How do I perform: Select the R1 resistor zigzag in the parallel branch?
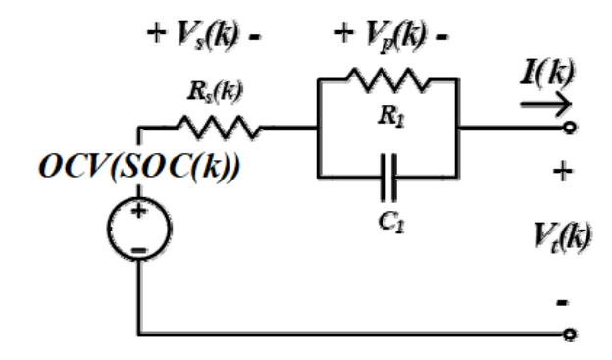click(x=388, y=80)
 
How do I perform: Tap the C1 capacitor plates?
click(x=388, y=178)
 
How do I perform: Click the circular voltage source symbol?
click(x=139, y=229)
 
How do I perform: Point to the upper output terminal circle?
click(x=570, y=128)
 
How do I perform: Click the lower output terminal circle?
click(x=570, y=334)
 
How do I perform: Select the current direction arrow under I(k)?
click(x=545, y=104)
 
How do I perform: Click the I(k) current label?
click(x=548, y=73)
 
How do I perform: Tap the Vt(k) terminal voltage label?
click(x=562, y=237)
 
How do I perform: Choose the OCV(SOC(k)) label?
click(x=139, y=167)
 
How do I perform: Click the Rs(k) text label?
click(x=215, y=92)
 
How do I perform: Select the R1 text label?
click(x=391, y=117)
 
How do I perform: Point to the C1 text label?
click(x=391, y=223)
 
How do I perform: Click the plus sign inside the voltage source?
click(x=139, y=211)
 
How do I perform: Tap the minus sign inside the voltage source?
click(x=139, y=250)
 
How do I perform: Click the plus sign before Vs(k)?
click(x=156, y=33)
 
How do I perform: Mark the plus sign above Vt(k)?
click(x=563, y=172)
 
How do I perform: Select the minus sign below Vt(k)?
click(x=562, y=302)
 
